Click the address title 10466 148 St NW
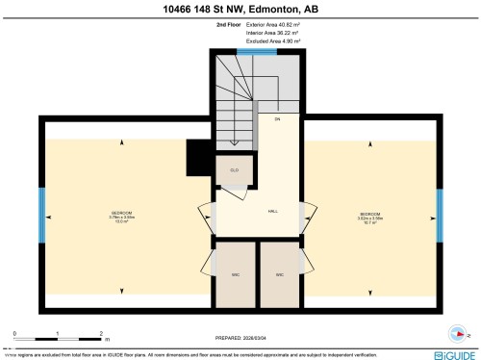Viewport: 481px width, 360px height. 240,10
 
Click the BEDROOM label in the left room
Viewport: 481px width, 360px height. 121,212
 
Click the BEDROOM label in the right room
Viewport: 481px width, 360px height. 371,213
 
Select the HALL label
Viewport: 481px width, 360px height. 273,212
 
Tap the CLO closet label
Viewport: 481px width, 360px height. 234,169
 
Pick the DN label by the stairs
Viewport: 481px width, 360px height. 277,119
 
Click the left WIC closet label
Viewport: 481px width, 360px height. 235,274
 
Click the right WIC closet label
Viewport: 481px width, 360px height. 279,274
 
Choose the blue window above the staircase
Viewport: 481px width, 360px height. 257,51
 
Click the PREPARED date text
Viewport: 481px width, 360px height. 240,338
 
